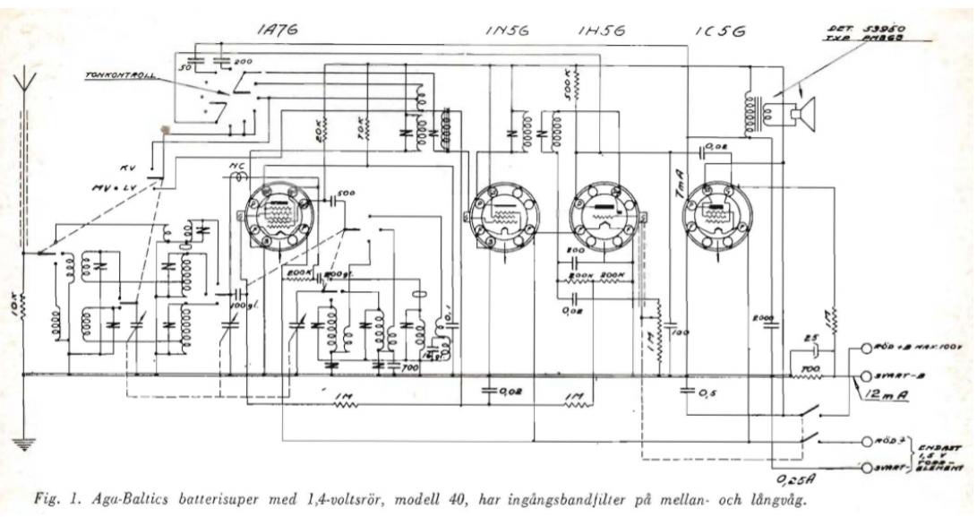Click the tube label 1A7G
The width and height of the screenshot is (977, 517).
pos(278,30)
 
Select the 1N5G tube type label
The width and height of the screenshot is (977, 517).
pos(507,30)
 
